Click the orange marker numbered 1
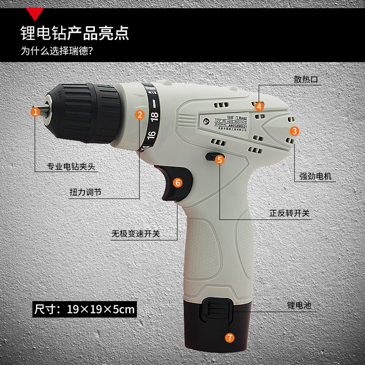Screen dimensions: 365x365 36,111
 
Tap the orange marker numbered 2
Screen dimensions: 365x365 140,115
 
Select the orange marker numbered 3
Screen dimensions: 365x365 295,131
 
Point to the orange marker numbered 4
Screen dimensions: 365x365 259,106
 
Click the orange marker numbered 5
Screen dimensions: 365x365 219,159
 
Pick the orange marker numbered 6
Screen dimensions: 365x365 178,182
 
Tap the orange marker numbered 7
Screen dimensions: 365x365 229,338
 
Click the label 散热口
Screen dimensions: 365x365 306,79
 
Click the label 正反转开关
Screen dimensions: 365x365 289,214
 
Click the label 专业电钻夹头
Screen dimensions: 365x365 72,167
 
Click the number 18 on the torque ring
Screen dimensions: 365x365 154,114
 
